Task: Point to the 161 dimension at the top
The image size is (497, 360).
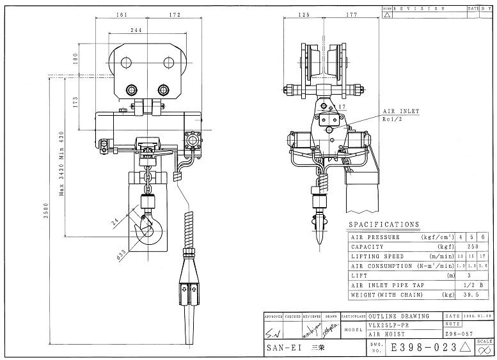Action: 122,14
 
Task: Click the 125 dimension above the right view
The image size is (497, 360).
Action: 304,14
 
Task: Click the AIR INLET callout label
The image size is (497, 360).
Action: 402,111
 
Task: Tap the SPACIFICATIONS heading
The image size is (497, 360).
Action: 384,225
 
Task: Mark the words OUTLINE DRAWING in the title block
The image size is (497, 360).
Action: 404,317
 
